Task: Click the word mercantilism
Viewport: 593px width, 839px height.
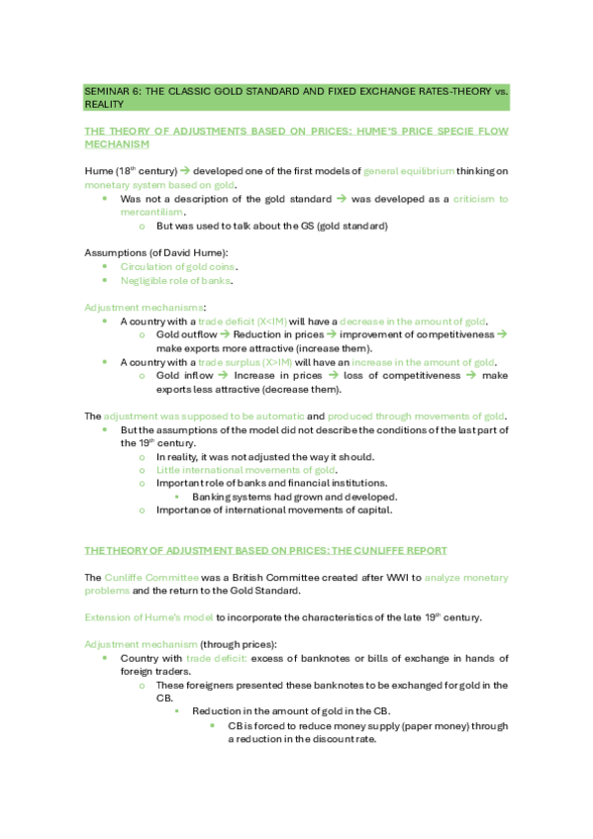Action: [151, 212]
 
